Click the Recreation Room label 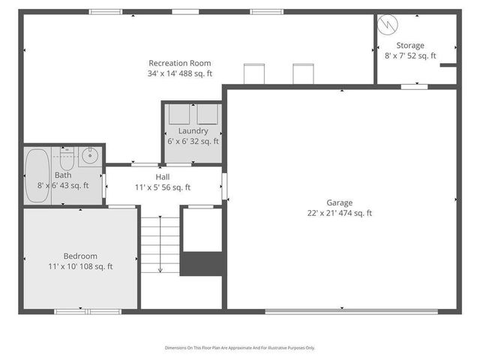(x=179, y=63)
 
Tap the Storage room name (x=410, y=46)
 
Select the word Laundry (x=193, y=130)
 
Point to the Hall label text (x=163, y=177)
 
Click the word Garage (x=339, y=202)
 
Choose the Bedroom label (x=79, y=256)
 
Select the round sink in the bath (x=89, y=157)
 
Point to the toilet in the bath (x=67, y=159)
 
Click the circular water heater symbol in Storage (x=389, y=25)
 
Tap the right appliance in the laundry (x=208, y=114)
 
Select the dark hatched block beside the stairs (x=202, y=263)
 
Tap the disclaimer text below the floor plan (x=240, y=348)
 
